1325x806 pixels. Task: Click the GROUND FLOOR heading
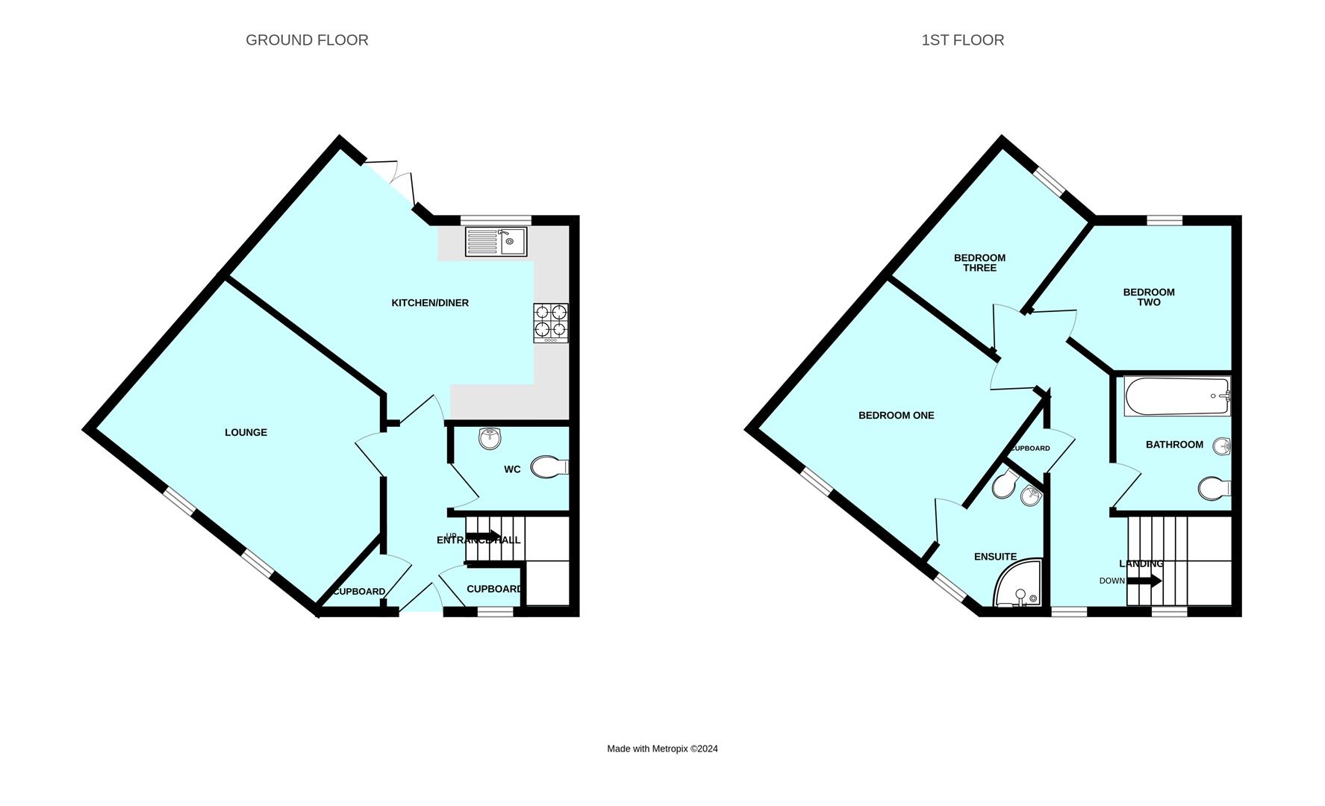pyautogui.click(x=307, y=40)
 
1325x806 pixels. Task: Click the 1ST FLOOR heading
pyautogui.click(x=962, y=40)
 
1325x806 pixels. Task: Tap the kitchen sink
pyautogui.click(x=496, y=242)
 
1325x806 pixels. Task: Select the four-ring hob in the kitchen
pyautogui.click(x=551, y=322)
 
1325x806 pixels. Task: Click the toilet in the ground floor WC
pyautogui.click(x=549, y=467)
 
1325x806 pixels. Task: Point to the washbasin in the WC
pyautogui.click(x=490, y=439)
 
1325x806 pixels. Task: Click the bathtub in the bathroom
pyautogui.click(x=1176, y=396)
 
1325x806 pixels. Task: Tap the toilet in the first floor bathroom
pyautogui.click(x=1214, y=490)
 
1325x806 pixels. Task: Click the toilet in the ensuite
pyautogui.click(x=1004, y=486)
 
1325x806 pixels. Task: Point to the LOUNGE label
pyautogui.click(x=246, y=433)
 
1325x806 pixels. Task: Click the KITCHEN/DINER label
pyautogui.click(x=430, y=303)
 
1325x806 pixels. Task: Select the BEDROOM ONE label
pyautogui.click(x=896, y=416)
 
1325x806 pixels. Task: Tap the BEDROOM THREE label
pyautogui.click(x=979, y=263)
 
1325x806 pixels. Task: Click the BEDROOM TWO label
pyautogui.click(x=1149, y=297)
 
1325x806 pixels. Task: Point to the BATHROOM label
pyautogui.click(x=1174, y=445)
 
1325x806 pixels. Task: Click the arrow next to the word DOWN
pyautogui.click(x=1144, y=581)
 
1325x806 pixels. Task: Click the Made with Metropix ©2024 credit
pyautogui.click(x=662, y=749)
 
